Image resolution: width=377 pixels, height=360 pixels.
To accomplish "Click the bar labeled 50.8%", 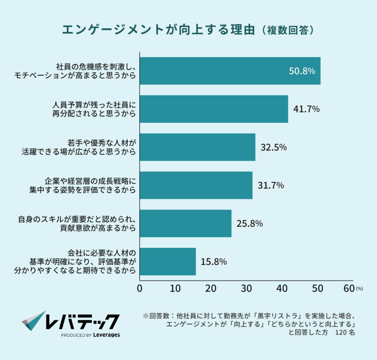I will tap(230, 71).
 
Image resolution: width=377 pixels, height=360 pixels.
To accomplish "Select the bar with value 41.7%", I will tap(214, 109).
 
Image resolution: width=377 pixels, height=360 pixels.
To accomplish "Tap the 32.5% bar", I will tap(197, 147).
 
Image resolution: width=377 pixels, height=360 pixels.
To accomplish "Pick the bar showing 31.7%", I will tap(196, 185).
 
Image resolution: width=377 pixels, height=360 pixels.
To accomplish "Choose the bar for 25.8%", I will tap(186, 223).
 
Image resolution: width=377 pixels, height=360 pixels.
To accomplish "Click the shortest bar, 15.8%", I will tap(168, 261).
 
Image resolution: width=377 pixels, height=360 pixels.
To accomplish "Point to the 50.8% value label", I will tap(302, 71).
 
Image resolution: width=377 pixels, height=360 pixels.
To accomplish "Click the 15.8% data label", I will tap(214, 262).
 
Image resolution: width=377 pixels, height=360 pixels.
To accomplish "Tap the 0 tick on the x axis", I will tap(140, 289).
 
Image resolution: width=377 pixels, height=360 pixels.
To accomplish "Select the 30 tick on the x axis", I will tap(246, 289).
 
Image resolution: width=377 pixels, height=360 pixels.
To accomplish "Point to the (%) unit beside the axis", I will tap(359, 289).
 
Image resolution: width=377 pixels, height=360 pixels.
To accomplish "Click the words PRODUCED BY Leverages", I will tap(90, 335).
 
